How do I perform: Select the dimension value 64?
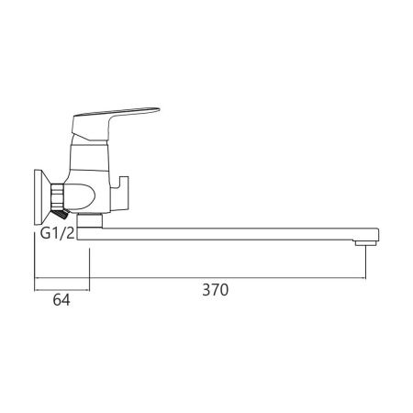(61, 299)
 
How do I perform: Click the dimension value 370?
(215, 289)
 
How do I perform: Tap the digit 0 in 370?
(224, 289)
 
